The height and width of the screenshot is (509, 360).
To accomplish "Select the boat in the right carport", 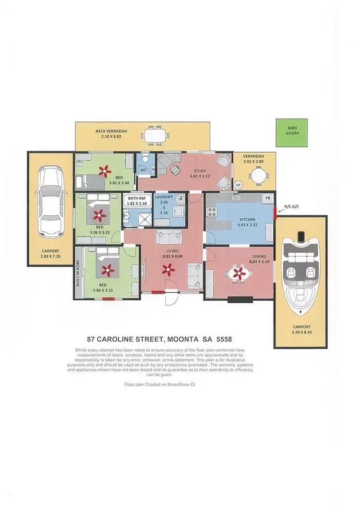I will tap(300, 273).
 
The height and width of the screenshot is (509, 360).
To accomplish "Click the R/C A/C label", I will tap(292, 206).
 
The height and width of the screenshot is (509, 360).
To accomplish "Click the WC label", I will tap(143, 169).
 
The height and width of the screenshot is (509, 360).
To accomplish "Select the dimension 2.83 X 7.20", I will tap(51, 256).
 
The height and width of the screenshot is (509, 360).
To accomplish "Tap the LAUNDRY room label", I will tap(165, 197).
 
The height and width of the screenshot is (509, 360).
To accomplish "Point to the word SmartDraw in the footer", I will tap(175, 384).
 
